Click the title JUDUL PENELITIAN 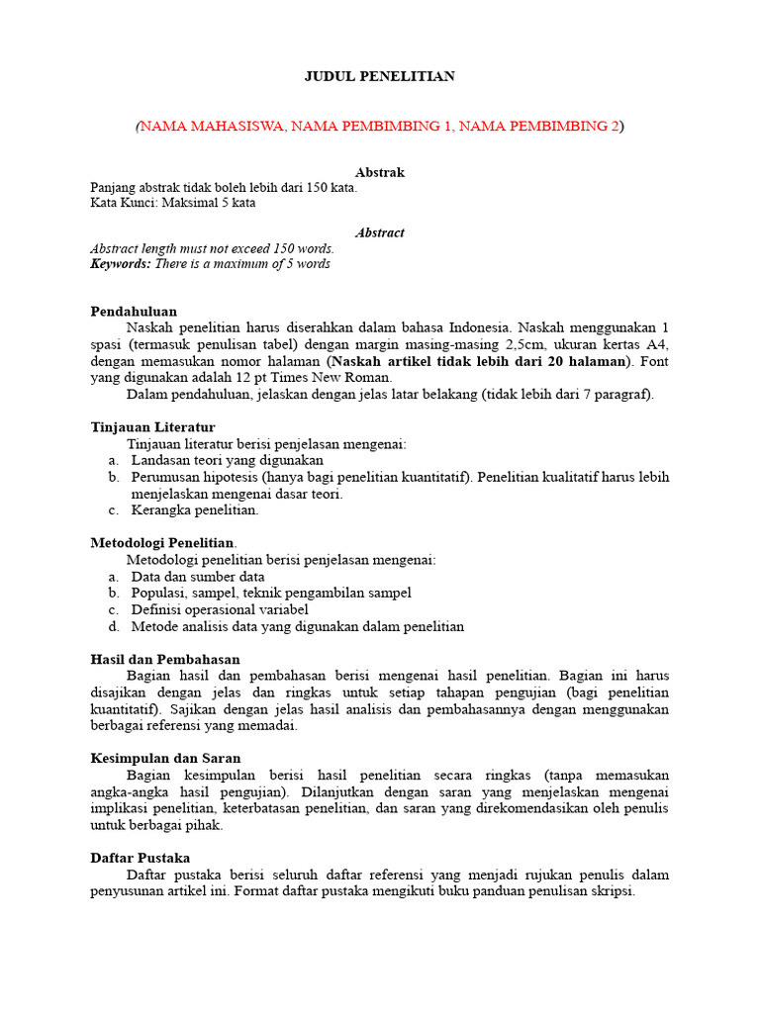coord(379,76)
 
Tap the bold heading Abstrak coord(380,172)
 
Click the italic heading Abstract coord(380,232)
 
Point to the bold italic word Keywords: coord(120,264)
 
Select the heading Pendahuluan coord(134,311)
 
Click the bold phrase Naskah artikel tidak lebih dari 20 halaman coord(482,361)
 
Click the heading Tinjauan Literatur coord(152,426)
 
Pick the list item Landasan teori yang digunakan coord(227,460)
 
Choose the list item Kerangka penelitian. coord(195,510)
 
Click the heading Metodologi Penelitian coord(162,543)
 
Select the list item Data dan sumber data coord(198,577)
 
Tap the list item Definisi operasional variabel coord(220,609)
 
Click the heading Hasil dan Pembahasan coord(165,659)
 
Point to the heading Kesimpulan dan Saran coord(165,758)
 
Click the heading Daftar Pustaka coord(141,858)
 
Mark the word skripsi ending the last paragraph coord(609,890)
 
